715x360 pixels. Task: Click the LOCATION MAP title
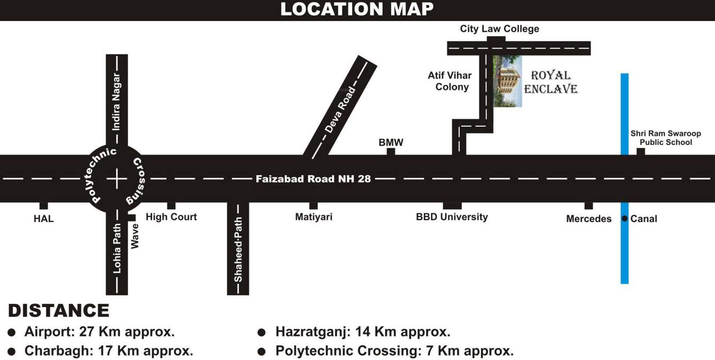[357, 9]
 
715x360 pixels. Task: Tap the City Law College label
[499, 29]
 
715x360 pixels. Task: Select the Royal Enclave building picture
[507, 81]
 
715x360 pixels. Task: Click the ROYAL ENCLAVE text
[551, 82]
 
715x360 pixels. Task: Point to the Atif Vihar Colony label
[450, 81]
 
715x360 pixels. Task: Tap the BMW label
[391, 143]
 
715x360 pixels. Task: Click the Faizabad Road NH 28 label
[313, 179]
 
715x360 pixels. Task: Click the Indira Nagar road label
[117, 102]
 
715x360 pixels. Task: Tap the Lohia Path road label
[117, 249]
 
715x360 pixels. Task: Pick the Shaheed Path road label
[238, 249]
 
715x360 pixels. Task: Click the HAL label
[44, 219]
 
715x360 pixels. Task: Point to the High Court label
[171, 217]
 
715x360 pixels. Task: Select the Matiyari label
[314, 217]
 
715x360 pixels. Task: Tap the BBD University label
[452, 217]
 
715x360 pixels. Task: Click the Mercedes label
[589, 219]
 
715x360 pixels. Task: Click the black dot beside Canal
[625, 218]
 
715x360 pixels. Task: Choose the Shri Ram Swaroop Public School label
[665, 138]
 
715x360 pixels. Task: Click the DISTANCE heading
[59, 311]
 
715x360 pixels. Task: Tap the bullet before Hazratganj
[261, 333]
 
